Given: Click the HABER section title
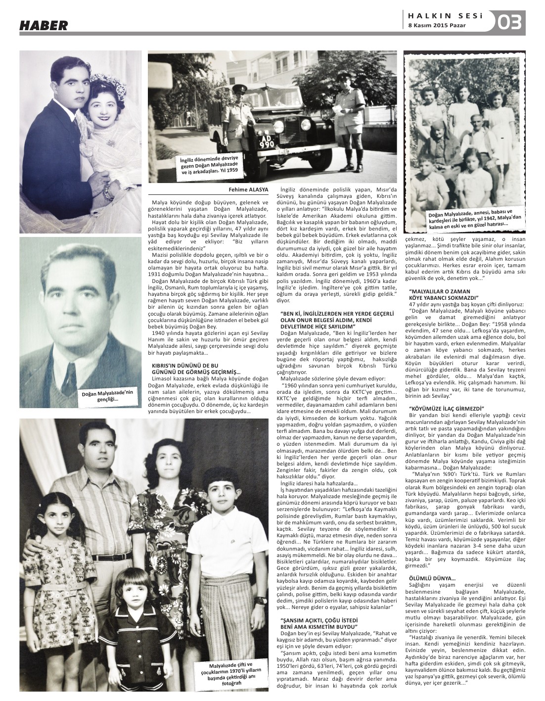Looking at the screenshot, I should click(x=44, y=25).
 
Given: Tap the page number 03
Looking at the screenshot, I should click(x=509, y=22).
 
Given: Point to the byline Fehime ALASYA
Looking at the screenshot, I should click(x=248, y=189).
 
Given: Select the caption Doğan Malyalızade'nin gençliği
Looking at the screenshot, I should click(x=108, y=396).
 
